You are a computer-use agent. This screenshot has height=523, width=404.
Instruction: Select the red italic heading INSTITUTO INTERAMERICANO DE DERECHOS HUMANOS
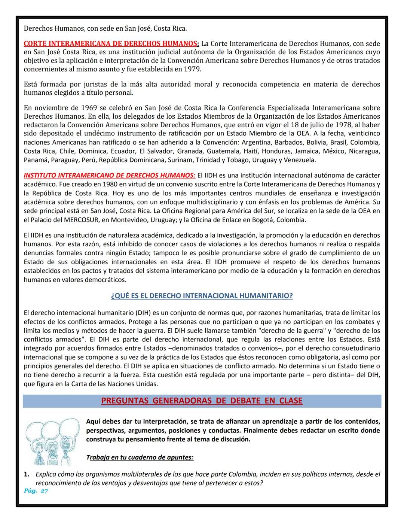tap(109, 175)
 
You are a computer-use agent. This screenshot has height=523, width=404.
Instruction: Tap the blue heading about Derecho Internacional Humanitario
tap(202, 296)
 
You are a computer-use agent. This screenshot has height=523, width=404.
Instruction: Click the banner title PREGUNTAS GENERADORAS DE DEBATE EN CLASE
tap(202, 401)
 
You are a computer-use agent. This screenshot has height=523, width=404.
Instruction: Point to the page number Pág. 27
tap(36, 491)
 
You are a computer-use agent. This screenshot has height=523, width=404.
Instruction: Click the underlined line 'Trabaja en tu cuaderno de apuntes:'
tap(140, 457)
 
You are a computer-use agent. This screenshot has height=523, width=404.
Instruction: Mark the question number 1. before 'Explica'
tap(27, 474)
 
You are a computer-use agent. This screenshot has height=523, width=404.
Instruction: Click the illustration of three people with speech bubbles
tap(52, 441)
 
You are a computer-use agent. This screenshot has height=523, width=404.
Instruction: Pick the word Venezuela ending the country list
tap(300, 160)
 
